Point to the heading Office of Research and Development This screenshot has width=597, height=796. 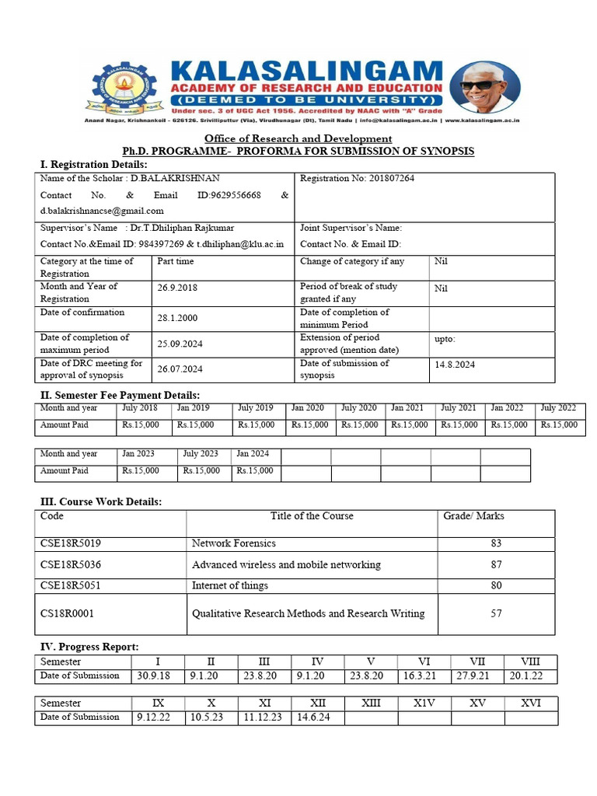pyautogui.click(x=298, y=138)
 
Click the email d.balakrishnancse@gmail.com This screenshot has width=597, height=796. pyautogui.click(x=102, y=211)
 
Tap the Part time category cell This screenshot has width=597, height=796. pyautogui.click(x=176, y=262)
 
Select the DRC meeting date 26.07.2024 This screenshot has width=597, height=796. pyautogui.click(x=180, y=369)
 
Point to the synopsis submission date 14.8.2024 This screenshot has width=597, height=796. pyautogui.click(x=455, y=365)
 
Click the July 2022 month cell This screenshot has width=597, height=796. pyautogui.click(x=558, y=408)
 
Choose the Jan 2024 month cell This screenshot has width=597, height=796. pyautogui.click(x=253, y=454)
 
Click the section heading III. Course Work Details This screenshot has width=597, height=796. pyautogui.click(x=101, y=502)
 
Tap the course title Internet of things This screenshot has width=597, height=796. pyautogui.click(x=230, y=585)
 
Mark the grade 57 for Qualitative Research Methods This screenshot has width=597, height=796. pyautogui.click(x=496, y=613)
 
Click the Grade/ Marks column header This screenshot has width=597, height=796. pyautogui.click(x=473, y=516)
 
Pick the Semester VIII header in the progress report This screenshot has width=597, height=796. pyautogui.click(x=530, y=662)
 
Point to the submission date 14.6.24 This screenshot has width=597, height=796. pyautogui.click(x=313, y=717)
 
